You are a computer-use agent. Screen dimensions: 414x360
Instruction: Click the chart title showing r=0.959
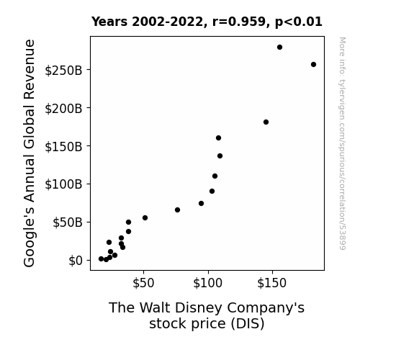click(207, 22)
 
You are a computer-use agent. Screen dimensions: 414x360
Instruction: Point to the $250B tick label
click(63, 71)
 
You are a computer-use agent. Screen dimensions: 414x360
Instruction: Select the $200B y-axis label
click(63, 109)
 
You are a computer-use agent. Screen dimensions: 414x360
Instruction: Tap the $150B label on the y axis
click(63, 147)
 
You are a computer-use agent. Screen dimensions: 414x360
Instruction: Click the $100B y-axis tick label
click(63, 184)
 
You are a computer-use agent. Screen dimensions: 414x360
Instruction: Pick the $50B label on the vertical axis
click(68, 222)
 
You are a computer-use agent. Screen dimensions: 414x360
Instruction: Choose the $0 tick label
click(76, 261)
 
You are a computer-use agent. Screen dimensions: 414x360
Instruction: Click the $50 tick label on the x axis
click(143, 283)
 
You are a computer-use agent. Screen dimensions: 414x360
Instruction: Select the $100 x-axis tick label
click(208, 283)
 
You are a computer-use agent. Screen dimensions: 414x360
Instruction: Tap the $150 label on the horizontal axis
click(272, 283)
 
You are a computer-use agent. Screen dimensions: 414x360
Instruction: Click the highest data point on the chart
click(279, 48)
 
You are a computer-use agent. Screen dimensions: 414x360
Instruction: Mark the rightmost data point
click(313, 65)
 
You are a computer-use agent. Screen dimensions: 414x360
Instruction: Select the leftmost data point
click(101, 259)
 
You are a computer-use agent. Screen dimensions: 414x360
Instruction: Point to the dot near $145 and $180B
click(266, 122)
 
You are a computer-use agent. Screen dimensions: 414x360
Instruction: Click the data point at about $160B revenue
click(218, 138)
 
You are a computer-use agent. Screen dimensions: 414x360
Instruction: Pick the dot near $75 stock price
click(177, 210)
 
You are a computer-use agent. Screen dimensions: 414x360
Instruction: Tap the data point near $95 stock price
click(201, 203)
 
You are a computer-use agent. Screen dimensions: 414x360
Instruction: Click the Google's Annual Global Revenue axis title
click(29, 153)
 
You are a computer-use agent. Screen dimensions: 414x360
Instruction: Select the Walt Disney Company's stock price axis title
click(207, 315)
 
